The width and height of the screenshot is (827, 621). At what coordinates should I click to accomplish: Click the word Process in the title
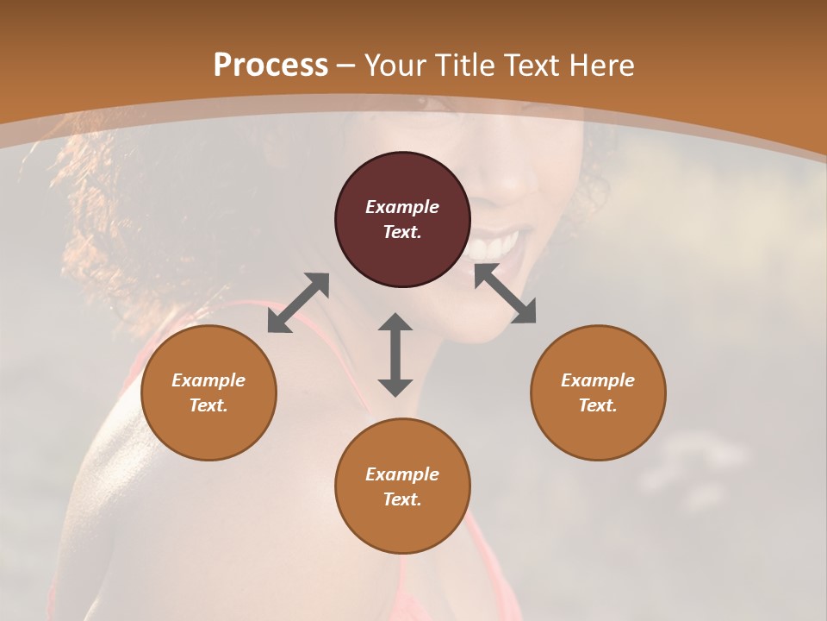point(270,66)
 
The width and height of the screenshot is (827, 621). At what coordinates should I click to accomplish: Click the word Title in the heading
point(466,66)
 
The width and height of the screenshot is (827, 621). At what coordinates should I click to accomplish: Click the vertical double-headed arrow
point(395,354)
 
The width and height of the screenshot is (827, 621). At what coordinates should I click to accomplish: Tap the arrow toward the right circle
point(505,293)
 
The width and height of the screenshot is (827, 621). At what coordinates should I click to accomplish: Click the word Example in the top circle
point(402,207)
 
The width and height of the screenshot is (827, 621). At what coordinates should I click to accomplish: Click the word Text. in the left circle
point(208,405)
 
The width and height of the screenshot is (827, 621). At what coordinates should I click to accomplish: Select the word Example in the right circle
point(598,380)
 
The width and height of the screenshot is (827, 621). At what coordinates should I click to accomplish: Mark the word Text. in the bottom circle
point(402,499)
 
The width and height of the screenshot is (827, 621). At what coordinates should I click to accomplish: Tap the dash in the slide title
point(346,66)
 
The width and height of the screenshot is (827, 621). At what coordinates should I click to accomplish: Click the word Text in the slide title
point(531,66)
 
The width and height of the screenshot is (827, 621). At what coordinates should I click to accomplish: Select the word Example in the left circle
point(208,380)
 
